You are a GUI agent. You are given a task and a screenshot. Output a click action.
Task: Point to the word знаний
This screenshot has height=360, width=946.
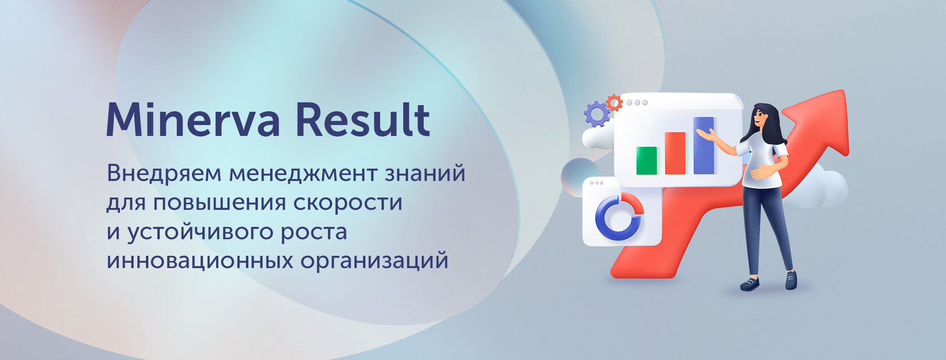tap(425, 173)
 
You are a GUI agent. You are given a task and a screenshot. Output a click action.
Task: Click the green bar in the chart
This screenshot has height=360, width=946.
tap(646, 161)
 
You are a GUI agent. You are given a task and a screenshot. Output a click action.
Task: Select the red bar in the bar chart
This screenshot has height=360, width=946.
tap(675, 153)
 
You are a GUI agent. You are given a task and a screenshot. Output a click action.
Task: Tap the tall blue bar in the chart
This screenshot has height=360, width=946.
tap(704, 145)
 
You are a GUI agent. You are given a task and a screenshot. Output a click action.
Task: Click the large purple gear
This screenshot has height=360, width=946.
tap(597, 114)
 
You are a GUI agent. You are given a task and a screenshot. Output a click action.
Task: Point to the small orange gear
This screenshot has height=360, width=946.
tap(614, 103)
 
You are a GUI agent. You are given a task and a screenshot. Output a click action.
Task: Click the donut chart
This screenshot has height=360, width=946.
tap(619, 216)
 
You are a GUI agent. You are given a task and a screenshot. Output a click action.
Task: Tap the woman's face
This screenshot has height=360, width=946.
tap(760, 118)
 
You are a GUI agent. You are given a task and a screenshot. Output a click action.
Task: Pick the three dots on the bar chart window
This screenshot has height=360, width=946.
tap(637, 103)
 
